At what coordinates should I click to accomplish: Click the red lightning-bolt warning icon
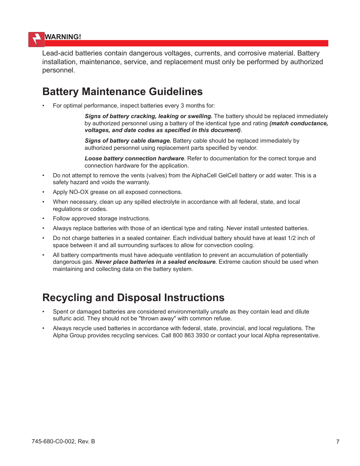pyautogui.click(x=37, y=39)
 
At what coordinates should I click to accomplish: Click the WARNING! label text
pyautogui.click(x=63, y=37)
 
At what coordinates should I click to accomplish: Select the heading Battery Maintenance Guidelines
pyautogui.click(x=122, y=92)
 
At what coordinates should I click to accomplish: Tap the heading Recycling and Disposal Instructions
pyautogui.click(x=133, y=298)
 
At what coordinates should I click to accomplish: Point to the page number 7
pyautogui.click(x=338, y=441)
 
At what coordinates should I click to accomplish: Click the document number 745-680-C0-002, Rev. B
pyautogui.click(x=63, y=441)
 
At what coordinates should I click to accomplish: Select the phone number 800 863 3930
pyautogui.click(x=191, y=335)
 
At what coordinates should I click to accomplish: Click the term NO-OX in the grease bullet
pyautogui.click(x=78, y=192)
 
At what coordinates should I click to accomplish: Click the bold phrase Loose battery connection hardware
pyautogui.click(x=134, y=158)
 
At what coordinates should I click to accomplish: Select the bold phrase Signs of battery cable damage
pyautogui.click(x=128, y=141)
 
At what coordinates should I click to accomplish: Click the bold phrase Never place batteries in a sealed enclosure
pyautogui.click(x=155, y=262)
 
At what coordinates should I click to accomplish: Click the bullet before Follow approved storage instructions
pyautogui.click(x=43, y=219)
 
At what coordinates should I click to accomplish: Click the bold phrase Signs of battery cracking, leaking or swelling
pyautogui.click(x=148, y=116)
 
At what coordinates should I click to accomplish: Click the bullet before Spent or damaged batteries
pyautogui.click(x=43, y=312)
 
